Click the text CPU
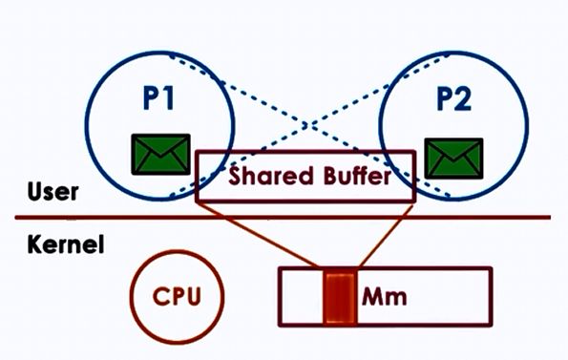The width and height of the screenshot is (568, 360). click(x=179, y=294)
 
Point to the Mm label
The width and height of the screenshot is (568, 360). click(x=385, y=296)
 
